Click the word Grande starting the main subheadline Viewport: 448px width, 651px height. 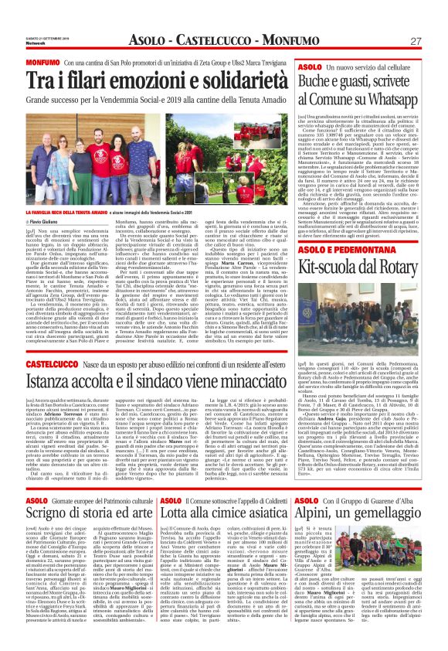point(41,100)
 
